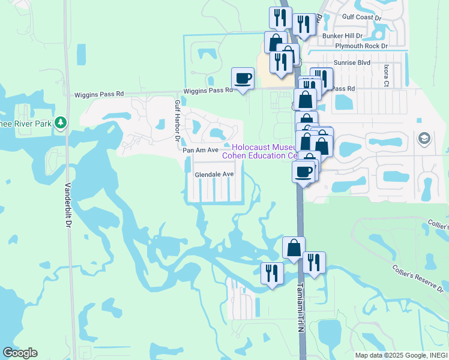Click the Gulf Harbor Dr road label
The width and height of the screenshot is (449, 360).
pos(177,121)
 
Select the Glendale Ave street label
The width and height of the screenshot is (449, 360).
pos(214,174)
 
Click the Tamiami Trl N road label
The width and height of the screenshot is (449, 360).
pos(301,305)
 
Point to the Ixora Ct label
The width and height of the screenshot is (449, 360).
pos(387,76)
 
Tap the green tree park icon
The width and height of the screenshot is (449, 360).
pos(60,123)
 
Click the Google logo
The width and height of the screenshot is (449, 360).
pos(20,353)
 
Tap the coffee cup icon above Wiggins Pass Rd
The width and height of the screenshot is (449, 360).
pos(243,78)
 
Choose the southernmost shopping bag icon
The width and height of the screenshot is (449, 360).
pos(294,247)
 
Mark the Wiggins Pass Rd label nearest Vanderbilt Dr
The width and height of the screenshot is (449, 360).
pos(98,94)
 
